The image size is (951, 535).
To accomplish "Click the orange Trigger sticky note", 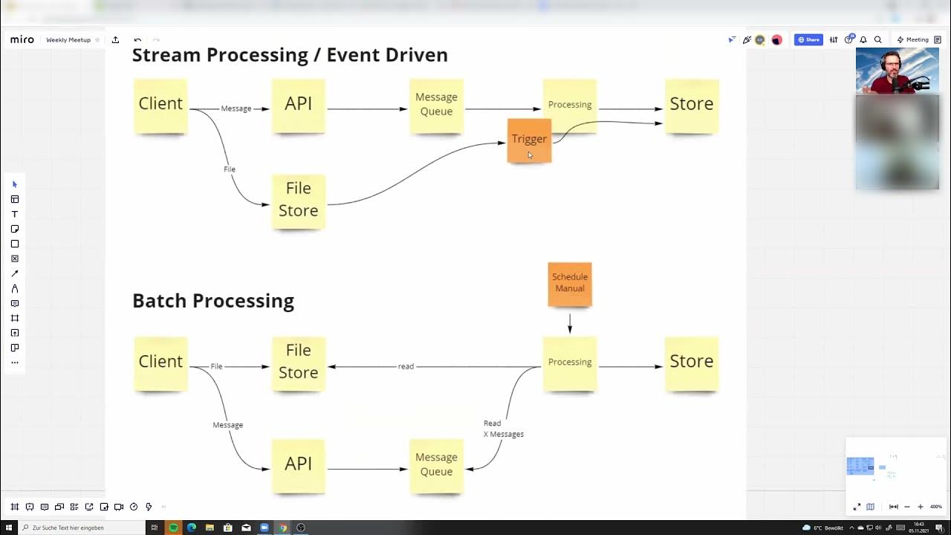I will (529, 140).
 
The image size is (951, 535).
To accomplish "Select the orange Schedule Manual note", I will (570, 283).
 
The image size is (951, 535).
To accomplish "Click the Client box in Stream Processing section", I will (160, 105).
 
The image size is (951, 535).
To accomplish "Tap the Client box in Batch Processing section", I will (160, 362).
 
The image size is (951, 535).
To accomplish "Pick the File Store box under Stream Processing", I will (298, 200).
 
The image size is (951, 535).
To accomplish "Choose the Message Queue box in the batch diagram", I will (436, 465).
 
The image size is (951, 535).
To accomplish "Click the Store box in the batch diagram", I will (691, 362).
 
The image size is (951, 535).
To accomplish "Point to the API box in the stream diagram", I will (298, 105).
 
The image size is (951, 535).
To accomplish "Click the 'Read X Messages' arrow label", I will (503, 429).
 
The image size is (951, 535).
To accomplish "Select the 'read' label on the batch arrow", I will (406, 366).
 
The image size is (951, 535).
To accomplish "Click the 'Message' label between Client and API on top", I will (236, 108).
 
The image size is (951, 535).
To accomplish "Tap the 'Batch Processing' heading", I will (213, 301).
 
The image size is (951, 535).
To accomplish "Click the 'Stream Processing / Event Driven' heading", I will (290, 55).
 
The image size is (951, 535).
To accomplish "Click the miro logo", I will (22, 40).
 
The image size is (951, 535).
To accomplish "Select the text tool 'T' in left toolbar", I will (14, 214).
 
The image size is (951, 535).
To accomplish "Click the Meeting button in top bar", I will (913, 40).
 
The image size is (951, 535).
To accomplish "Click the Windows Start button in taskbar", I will (10, 528).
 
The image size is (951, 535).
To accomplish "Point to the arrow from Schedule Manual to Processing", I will (570, 322).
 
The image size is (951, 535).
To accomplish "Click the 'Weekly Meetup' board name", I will (68, 40).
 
